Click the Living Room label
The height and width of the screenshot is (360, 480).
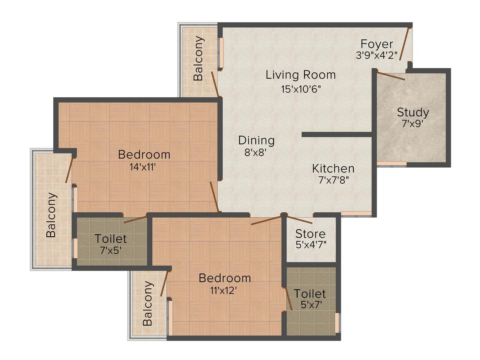click(300, 75)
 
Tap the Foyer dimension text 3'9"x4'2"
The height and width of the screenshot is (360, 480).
click(376, 55)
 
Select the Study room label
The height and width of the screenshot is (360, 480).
click(413, 112)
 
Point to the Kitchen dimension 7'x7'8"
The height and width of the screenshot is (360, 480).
click(333, 180)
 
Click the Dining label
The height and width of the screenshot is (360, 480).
click(256, 140)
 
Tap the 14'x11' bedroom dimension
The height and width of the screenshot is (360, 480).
click(144, 167)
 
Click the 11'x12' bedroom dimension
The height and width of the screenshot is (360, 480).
click(225, 290)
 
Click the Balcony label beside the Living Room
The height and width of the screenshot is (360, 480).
click(199, 58)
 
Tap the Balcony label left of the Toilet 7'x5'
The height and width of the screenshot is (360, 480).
click(51, 215)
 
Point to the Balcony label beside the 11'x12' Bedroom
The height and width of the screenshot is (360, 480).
click(148, 303)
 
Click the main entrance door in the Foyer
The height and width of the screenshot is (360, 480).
click(406, 44)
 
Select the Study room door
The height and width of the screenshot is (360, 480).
click(391, 76)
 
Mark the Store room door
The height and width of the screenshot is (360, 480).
click(300, 219)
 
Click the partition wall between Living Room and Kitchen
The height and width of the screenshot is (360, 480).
click(337, 134)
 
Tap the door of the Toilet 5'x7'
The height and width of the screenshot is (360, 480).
click(288, 298)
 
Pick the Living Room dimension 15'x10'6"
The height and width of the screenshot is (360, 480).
click(300, 89)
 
